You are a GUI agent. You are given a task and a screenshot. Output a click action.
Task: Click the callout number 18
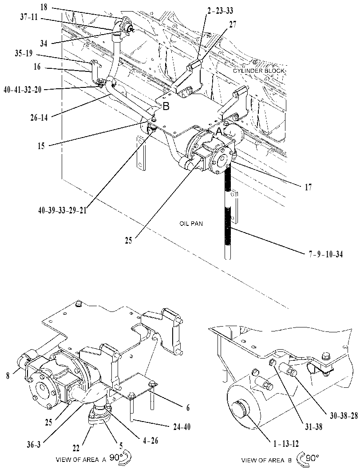click(x=44, y=7)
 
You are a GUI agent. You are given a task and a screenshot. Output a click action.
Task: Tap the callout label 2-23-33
click(x=220, y=11)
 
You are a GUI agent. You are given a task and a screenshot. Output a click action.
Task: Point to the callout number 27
click(x=233, y=24)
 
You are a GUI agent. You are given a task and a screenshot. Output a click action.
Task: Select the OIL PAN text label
click(x=191, y=224)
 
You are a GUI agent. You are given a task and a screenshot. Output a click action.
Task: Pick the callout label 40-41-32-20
click(x=23, y=90)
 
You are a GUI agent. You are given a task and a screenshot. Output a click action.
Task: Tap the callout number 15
click(x=41, y=146)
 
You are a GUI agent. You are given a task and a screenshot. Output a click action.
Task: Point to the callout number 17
click(x=308, y=188)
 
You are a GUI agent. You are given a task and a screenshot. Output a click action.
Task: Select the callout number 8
click(x=8, y=376)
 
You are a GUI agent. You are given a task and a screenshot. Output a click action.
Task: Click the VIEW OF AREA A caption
click(x=81, y=460)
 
